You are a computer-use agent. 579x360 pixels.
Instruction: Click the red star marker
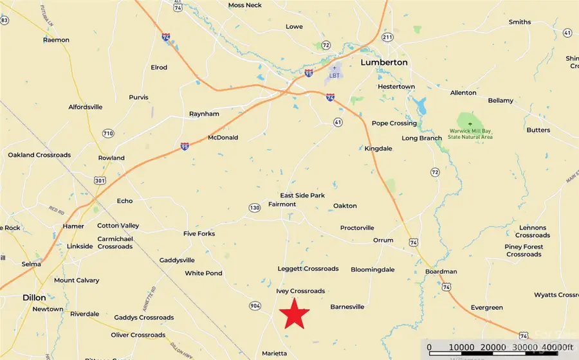295,314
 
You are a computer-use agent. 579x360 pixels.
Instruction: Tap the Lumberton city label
384,62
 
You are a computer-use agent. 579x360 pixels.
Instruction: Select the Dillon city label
34,298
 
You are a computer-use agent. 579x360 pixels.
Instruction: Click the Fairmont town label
282,204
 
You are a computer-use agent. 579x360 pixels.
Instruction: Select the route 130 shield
255,208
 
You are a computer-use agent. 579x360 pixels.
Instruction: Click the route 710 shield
107,133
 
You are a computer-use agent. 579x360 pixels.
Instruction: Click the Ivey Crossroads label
300,291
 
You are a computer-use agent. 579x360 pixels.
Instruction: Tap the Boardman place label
441,272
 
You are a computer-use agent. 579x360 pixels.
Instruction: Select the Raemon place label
56,40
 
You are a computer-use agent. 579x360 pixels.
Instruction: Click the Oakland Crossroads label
39,155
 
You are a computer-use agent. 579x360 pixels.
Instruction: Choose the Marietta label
275,354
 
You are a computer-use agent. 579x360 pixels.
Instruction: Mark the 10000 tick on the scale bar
461,348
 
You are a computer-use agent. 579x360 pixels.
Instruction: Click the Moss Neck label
244,5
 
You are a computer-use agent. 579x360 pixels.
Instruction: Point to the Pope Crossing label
394,123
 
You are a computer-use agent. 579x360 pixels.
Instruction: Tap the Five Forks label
199,233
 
